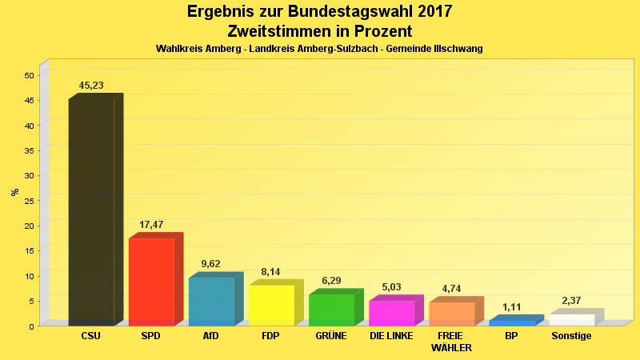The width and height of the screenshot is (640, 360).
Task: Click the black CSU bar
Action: pyautogui.click(x=91, y=212)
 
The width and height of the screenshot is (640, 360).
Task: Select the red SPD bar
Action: pyautogui.click(x=151, y=282)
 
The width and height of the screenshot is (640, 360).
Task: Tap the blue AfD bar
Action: pyautogui.click(x=211, y=301)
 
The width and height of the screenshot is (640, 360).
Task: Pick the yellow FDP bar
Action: pyautogui.click(x=271, y=305)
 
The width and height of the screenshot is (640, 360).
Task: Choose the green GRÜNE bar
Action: pyautogui.click(x=331, y=310)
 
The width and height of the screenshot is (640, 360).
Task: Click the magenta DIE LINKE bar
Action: pyautogui.click(x=391, y=313)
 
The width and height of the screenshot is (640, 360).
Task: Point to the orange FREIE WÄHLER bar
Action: pyautogui.click(x=451, y=314)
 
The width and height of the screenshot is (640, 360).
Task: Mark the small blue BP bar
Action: pyautogui.click(x=511, y=322)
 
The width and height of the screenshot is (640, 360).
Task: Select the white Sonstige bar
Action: pyautogui.click(x=571, y=320)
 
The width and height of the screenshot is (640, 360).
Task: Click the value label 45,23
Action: pyautogui.click(x=91, y=86)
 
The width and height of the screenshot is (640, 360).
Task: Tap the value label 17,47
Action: pyautogui.click(x=151, y=225)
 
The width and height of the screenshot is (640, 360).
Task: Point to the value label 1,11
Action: pyautogui.click(x=512, y=307)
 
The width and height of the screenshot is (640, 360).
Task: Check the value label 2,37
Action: pyautogui.click(x=571, y=301)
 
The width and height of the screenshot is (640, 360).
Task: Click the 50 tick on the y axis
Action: pyautogui.click(x=29, y=76)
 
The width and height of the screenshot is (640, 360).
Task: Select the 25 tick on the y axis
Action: pyautogui.click(x=29, y=201)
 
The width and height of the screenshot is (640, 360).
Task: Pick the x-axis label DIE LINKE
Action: pyautogui.click(x=391, y=336)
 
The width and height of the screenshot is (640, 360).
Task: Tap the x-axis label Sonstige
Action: pyautogui.click(x=571, y=336)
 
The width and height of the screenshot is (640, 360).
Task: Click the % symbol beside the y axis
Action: pyautogui.click(x=14, y=192)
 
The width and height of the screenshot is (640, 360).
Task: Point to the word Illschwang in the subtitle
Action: pyautogui.click(x=457, y=49)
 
